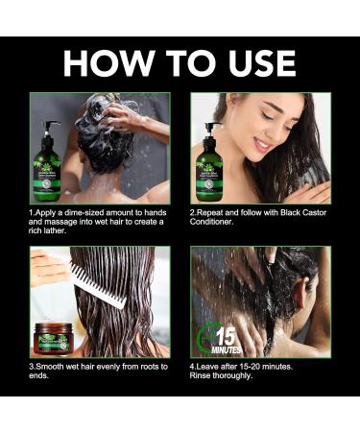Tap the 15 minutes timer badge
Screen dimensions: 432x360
coord(217,338)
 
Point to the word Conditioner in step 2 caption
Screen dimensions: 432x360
coord(212,222)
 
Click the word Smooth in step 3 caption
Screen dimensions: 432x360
coord(55,366)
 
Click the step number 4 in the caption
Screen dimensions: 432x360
coord(193,366)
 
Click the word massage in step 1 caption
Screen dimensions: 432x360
coord(63,222)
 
